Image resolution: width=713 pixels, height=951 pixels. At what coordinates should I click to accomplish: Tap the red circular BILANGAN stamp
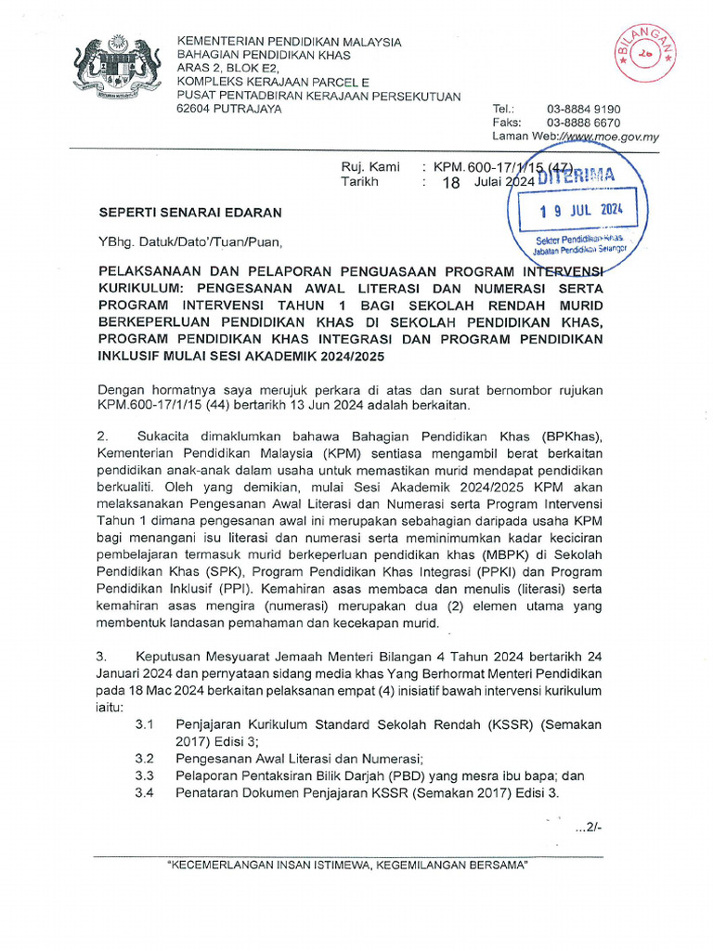pos(644,54)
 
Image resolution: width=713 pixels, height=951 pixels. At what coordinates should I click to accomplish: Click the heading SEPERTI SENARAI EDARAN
pos(190,213)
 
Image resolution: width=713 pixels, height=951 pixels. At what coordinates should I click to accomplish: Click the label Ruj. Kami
pos(370,167)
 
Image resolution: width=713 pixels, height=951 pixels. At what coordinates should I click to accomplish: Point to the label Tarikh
pos(360,182)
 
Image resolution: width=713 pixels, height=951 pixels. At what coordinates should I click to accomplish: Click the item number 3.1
pos(145,723)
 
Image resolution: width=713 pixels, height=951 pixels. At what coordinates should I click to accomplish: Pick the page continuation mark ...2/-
pos(589,828)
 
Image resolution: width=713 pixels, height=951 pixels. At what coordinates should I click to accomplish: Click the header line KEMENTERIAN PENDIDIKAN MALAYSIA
pos(289,42)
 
